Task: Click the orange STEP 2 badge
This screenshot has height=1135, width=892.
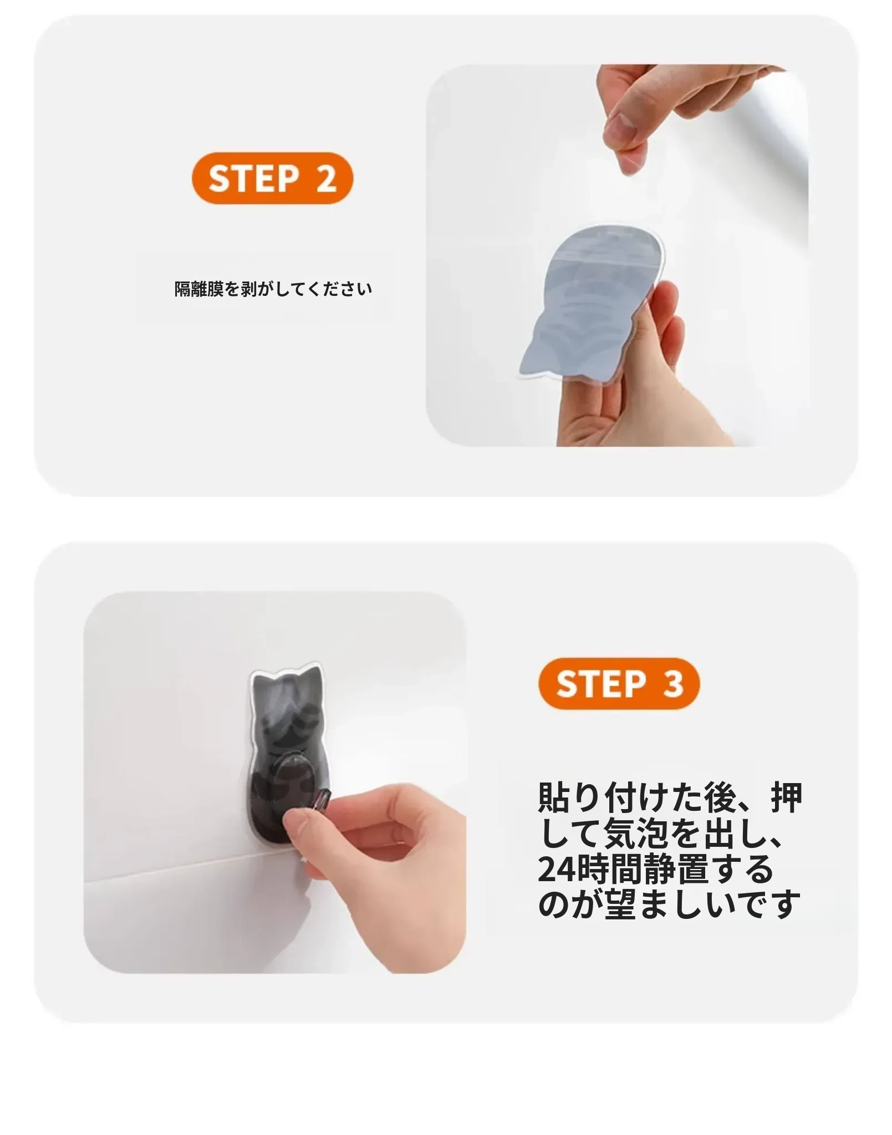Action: (272, 178)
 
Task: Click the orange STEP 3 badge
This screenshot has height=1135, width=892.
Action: (619, 683)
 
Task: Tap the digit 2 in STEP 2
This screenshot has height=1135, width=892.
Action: (326, 178)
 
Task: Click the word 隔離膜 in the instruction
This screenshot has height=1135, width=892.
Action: (199, 289)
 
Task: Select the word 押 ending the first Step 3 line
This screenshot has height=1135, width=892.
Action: (787, 797)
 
